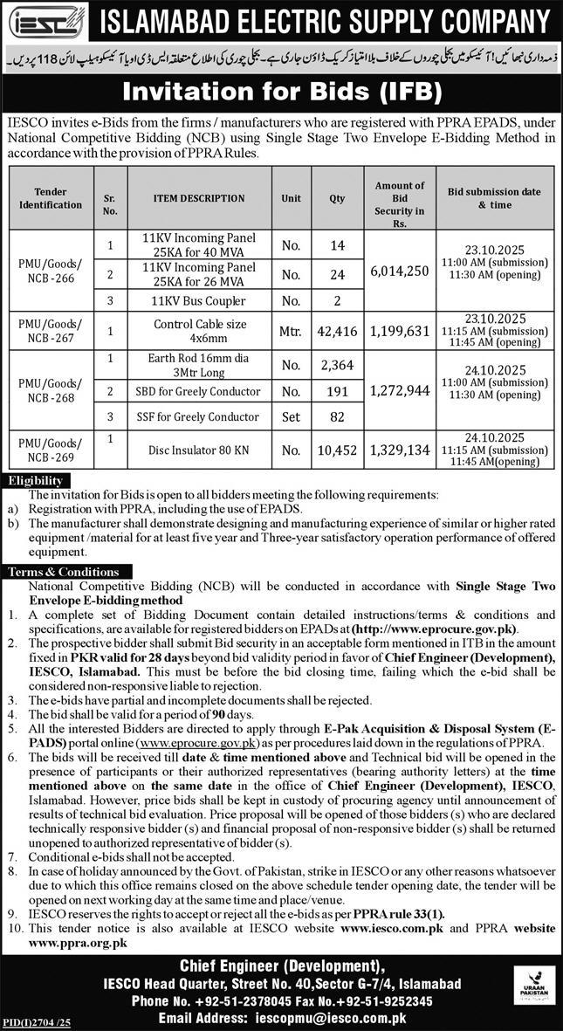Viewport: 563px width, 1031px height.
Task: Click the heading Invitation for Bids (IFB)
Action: point(282,90)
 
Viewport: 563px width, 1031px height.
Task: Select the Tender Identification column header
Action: point(51,198)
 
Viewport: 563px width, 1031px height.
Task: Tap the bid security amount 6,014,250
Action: point(399,271)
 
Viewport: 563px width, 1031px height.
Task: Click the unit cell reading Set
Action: point(291,416)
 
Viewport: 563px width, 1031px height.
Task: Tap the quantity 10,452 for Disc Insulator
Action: point(336,450)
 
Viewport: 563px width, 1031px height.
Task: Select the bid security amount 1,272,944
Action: point(399,390)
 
